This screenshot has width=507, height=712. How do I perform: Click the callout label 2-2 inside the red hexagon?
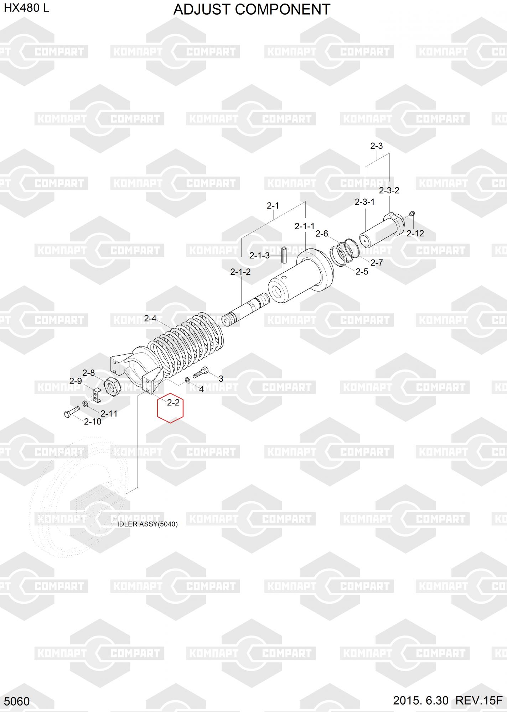173,402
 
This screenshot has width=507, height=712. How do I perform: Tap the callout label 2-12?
415,234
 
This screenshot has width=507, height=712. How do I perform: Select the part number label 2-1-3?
259,256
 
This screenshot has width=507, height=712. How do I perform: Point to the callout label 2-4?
150,318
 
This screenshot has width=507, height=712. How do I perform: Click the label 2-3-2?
389,190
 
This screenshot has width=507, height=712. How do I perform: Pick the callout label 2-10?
93,422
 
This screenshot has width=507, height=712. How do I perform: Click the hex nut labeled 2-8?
112,386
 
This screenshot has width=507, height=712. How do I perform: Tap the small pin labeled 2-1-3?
284,255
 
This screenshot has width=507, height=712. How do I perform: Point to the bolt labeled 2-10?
72,412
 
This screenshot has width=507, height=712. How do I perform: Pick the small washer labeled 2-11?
86,404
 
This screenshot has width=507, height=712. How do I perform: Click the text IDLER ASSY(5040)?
148,524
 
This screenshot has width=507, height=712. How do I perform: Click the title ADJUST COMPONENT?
252,9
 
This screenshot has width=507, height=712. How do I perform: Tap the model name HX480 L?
27,8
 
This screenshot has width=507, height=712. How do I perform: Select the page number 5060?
17,701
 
